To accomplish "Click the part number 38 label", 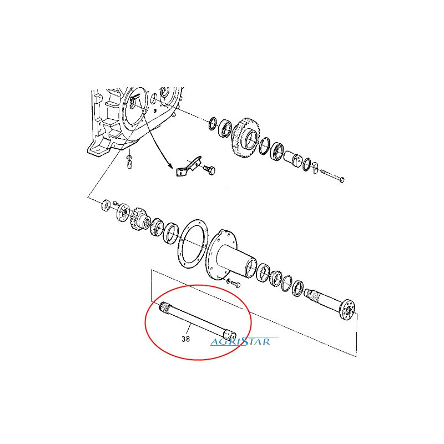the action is tap(185, 339).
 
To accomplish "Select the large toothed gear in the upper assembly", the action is tap(246, 137).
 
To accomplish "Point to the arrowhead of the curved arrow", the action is tap(170, 167).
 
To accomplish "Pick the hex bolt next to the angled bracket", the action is tap(210, 170).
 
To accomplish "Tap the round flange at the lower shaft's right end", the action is tap(348, 310).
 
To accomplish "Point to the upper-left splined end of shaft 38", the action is tap(164, 307).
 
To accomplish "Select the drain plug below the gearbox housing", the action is tap(129, 164).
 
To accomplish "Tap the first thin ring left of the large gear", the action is tap(213, 123).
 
